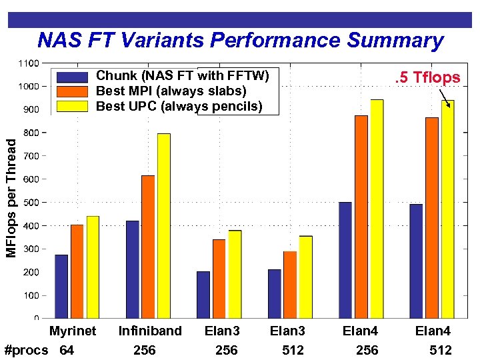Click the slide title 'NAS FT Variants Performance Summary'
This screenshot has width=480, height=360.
(240, 41)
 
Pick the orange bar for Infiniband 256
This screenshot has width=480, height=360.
(148, 247)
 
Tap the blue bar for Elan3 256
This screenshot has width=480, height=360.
(203, 294)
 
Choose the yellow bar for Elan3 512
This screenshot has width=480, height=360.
(305, 277)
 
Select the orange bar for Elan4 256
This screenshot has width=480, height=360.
(361, 217)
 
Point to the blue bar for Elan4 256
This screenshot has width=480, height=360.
(345, 259)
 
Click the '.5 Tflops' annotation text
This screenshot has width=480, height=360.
(427, 77)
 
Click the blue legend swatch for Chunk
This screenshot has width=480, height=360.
(73, 77)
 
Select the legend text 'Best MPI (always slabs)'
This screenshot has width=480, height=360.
(171, 91)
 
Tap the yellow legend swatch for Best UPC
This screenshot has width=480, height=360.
(73, 105)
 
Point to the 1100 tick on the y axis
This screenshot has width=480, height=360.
(28, 63)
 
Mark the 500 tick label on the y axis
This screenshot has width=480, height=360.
(29, 202)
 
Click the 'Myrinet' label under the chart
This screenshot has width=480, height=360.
(73, 331)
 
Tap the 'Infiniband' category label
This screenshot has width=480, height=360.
(150, 331)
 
